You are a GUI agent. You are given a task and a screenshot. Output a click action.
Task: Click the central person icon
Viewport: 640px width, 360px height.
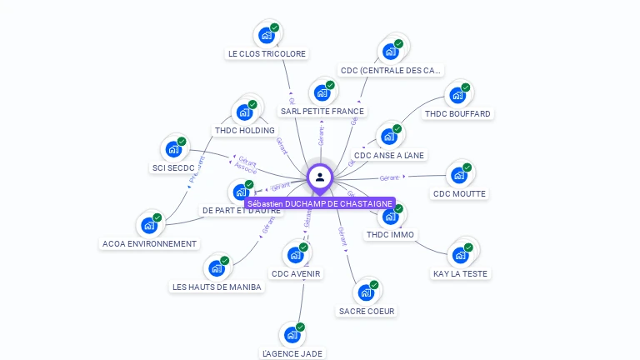(320, 177)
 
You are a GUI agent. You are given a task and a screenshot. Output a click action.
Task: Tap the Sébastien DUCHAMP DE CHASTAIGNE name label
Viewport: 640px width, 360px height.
(320, 203)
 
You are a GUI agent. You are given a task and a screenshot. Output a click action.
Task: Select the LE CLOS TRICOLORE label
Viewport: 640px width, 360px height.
(267, 53)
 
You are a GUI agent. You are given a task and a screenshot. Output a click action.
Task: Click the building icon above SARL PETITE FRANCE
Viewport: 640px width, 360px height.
(321, 92)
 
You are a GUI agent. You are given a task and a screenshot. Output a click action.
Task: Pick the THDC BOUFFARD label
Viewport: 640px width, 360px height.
(457, 113)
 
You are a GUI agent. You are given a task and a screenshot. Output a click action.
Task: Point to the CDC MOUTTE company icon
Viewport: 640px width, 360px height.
(458, 175)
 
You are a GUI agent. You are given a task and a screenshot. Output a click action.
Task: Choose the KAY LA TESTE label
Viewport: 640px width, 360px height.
(461, 273)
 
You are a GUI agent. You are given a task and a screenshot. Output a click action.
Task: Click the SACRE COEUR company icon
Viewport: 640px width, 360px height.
(366, 292)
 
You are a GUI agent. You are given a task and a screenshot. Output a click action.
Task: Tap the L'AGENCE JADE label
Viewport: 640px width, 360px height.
(292, 353)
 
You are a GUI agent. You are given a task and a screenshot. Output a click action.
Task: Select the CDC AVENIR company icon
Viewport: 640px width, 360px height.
(295, 255)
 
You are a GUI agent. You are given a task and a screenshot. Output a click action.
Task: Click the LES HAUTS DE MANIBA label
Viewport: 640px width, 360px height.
(217, 287)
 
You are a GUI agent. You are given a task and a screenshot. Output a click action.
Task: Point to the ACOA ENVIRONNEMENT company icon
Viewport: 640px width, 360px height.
(149, 225)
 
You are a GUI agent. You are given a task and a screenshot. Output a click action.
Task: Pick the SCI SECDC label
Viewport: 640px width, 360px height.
(173, 167)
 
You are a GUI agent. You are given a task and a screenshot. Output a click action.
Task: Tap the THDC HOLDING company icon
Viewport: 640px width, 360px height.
(244, 112)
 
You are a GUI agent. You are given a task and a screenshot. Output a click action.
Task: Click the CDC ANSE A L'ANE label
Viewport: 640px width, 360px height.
(388, 155)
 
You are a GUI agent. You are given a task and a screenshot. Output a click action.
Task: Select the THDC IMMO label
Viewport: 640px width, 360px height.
(390, 235)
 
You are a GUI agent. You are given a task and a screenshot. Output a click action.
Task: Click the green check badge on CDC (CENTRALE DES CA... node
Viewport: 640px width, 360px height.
(398, 43)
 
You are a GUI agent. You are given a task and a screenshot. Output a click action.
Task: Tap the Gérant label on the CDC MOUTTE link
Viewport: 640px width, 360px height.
(390, 177)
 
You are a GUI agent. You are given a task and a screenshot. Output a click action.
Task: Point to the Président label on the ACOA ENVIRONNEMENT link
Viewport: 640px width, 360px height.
(195, 169)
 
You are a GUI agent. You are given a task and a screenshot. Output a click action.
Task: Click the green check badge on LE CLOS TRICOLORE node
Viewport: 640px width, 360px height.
(274, 27)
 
